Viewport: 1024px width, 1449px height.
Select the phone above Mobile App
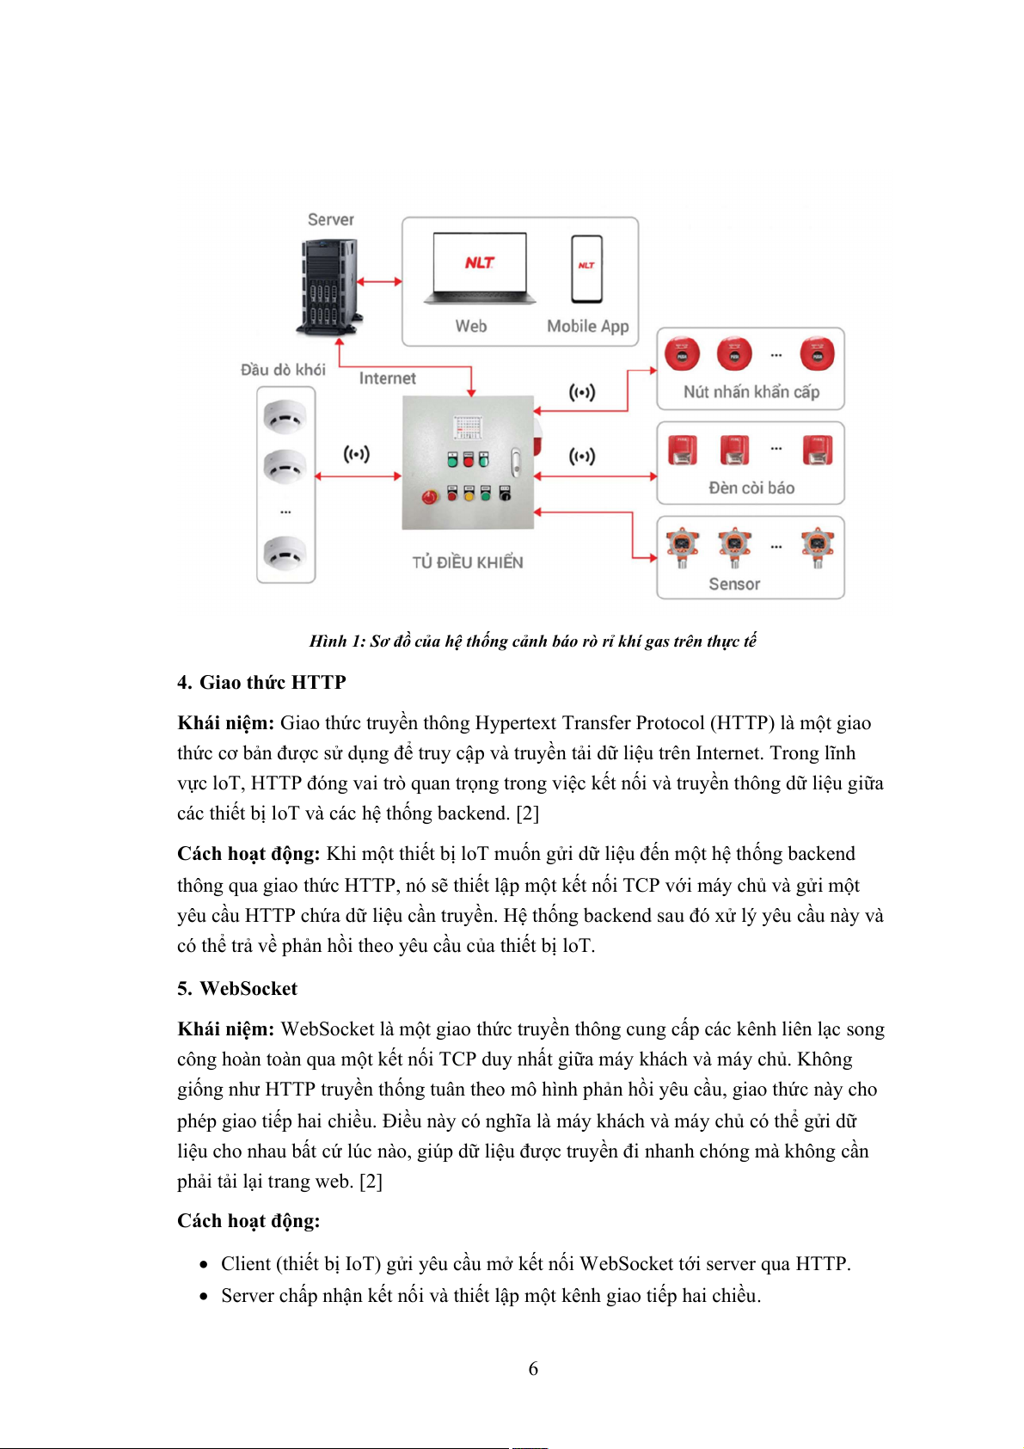click(586, 269)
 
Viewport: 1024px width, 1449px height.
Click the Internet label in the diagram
click(387, 378)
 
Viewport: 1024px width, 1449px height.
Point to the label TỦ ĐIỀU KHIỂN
click(467, 562)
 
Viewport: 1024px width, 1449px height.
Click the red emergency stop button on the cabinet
click(429, 497)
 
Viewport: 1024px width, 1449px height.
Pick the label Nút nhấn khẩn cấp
click(751, 392)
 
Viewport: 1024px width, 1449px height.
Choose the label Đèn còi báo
click(751, 488)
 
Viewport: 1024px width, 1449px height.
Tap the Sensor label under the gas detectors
click(734, 584)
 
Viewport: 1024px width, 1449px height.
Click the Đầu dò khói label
click(283, 370)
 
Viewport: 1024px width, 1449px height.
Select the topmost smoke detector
click(285, 418)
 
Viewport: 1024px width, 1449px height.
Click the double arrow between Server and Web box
click(379, 281)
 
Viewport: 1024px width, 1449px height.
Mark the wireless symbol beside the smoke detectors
click(356, 454)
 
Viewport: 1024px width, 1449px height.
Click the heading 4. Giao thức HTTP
click(261, 683)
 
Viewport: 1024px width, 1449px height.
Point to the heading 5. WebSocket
click(237, 989)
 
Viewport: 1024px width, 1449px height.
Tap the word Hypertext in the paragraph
click(515, 723)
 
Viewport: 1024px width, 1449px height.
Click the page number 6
click(533, 1368)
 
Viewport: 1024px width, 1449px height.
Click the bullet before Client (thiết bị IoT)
click(204, 1265)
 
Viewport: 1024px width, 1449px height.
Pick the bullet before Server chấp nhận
click(204, 1297)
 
